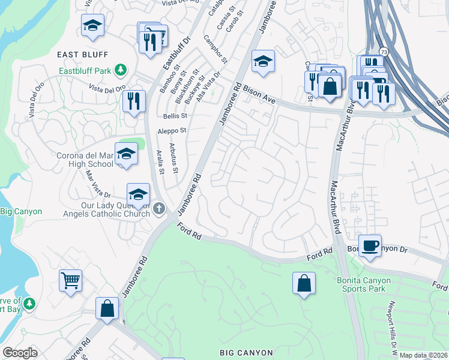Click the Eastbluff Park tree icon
click(x=121, y=70)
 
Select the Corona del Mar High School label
click(x=84, y=159)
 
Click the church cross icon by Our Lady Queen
click(x=158, y=208)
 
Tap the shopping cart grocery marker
click(x=71, y=280)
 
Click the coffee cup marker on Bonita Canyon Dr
click(x=370, y=245)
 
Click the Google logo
click(x=20, y=353)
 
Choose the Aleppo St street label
click(x=172, y=130)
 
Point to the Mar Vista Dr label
click(x=98, y=184)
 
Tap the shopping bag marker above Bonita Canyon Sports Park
click(x=304, y=283)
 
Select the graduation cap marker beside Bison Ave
click(x=262, y=62)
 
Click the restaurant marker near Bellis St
click(x=134, y=100)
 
